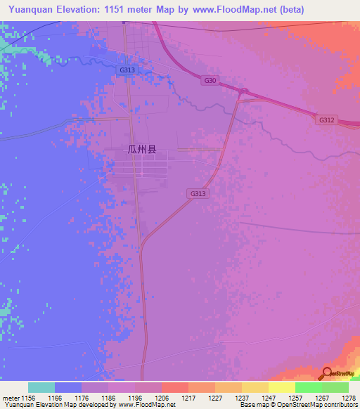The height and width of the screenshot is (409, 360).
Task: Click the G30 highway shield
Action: pyautogui.click(x=210, y=81)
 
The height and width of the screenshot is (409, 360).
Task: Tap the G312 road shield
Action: pyautogui.click(x=326, y=120)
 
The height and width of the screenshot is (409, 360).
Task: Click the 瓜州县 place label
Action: pyautogui.click(x=141, y=149)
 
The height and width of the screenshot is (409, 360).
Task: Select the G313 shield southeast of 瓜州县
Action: pyautogui.click(x=198, y=193)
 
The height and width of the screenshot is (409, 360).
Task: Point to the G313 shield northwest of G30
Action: pyautogui.click(x=127, y=70)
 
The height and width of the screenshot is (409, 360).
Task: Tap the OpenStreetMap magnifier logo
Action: pyautogui.click(x=326, y=374)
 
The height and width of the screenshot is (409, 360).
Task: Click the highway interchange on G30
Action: pyautogui.click(x=243, y=91)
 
